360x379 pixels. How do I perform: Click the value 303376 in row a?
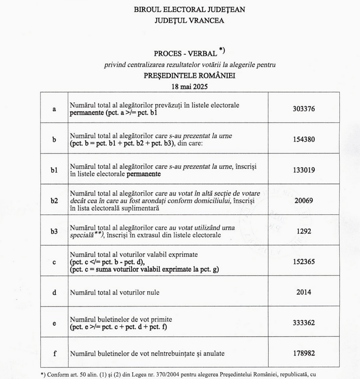pyautogui.click(x=304, y=109)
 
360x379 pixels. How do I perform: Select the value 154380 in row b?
pyautogui.click(x=304, y=139)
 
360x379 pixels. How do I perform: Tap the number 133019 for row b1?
pyautogui.click(x=304, y=170)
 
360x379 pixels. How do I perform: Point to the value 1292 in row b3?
pyautogui.click(x=304, y=231)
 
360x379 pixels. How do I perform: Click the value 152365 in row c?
pyautogui.click(x=304, y=262)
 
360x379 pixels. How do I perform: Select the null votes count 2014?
pyautogui.click(x=304, y=292)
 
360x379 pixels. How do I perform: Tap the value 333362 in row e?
pyautogui.click(x=304, y=323)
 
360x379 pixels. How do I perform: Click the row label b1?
pyautogui.click(x=55, y=170)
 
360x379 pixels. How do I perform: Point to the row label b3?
pyautogui.click(x=55, y=231)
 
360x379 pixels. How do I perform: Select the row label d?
pyautogui.click(x=55, y=292)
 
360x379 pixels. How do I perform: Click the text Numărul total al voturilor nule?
pyautogui.click(x=115, y=292)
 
